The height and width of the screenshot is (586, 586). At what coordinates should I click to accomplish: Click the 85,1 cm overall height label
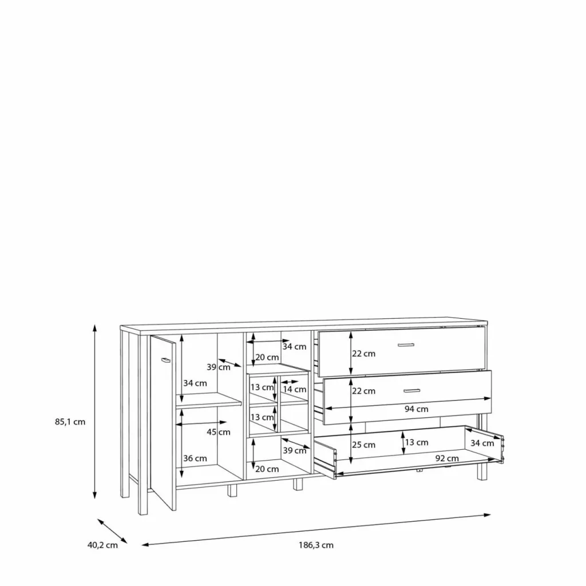pos(70,422)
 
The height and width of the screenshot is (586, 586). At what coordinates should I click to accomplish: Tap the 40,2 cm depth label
pos(102,545)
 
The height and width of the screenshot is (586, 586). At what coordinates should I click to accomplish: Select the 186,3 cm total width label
pos(316,545)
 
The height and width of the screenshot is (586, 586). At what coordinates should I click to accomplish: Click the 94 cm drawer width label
pos(417,409)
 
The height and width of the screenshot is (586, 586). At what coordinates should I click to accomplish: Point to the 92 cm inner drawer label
pos(447,458)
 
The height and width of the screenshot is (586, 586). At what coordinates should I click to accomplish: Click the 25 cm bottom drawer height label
pos(363,445)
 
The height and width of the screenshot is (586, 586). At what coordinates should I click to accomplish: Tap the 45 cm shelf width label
pos(218,433)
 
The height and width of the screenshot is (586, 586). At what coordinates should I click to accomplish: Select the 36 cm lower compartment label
pos(195,458)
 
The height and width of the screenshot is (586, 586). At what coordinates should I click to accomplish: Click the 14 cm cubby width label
pos(295,389)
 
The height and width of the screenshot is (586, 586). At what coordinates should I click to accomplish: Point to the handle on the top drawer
pos(406,345)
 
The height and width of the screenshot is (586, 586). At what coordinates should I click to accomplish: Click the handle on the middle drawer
pos(412,391)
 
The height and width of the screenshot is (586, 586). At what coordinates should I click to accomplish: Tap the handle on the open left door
pos(165,360)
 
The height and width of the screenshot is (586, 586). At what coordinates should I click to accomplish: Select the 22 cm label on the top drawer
pos(363,354)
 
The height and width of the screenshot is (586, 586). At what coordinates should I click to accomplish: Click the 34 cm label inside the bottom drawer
pos(482,444)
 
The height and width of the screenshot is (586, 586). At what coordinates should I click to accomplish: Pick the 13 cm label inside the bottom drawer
pos(417,442)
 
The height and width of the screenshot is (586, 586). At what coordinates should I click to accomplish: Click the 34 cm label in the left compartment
pos(195,383)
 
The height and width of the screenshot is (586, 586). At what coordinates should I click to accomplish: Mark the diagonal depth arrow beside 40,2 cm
pos(113,531)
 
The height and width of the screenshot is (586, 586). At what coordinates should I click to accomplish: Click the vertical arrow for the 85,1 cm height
pos(95,411)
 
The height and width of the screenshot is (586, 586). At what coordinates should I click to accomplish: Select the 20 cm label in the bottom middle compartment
pos(267,469)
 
